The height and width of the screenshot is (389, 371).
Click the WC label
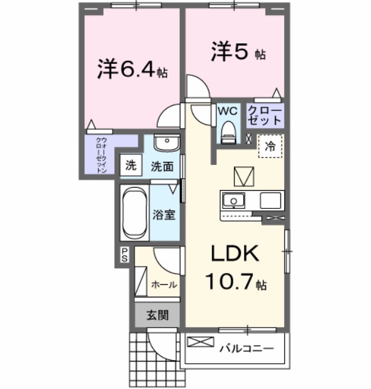coord(227,111)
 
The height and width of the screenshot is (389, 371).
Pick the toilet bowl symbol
coord(228,131)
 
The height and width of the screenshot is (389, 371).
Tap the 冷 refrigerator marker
coord(270,147)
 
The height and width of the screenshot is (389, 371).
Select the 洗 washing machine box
coord(130,166)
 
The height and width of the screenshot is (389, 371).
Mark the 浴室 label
coord(163,215)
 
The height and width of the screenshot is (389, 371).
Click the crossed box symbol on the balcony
coord(201,343)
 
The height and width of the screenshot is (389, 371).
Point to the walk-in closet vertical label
coord(101,154)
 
